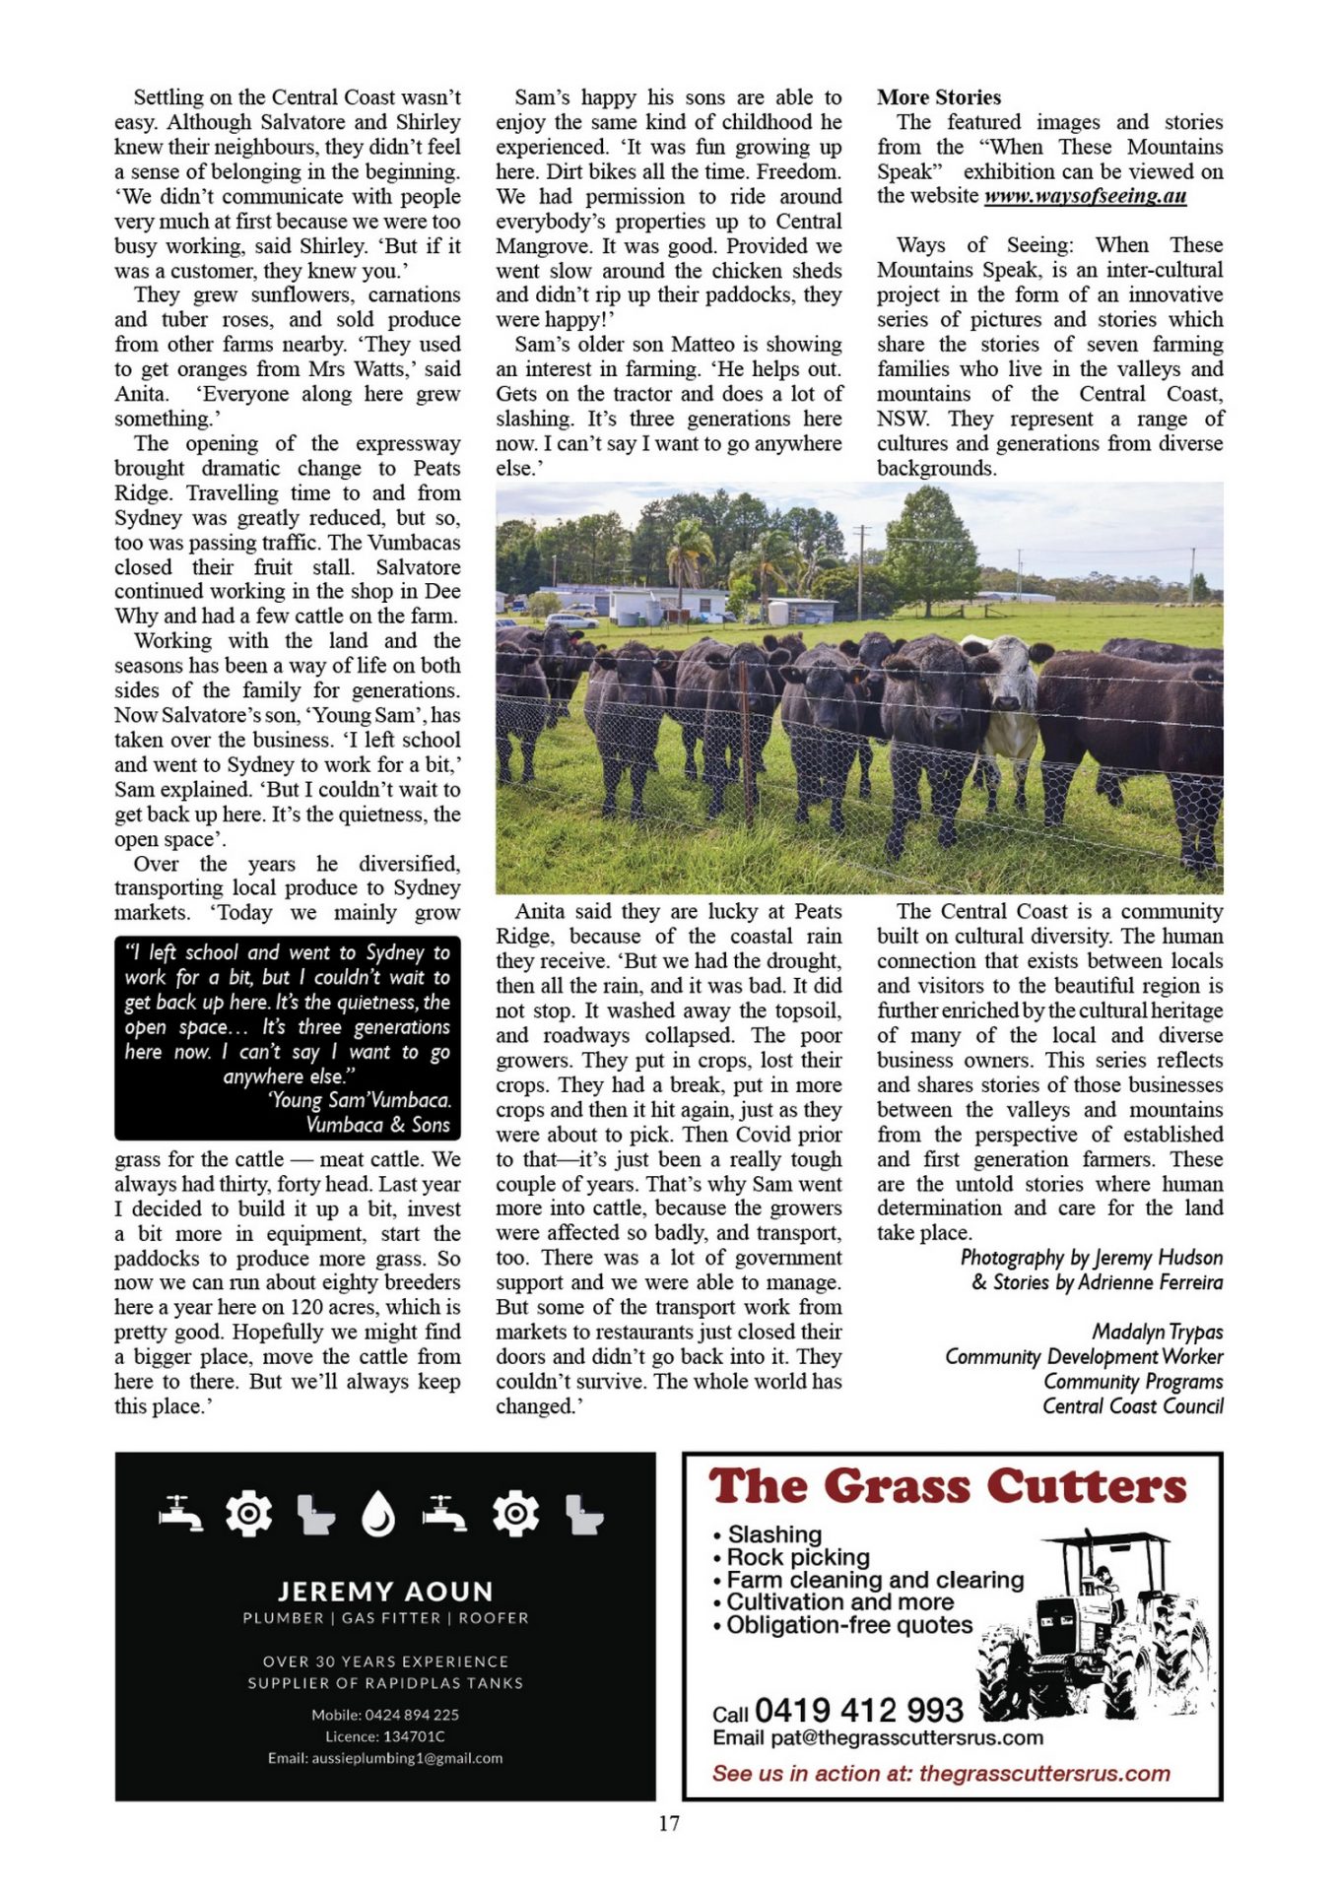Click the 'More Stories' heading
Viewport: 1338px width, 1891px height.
click(x=938, y=98)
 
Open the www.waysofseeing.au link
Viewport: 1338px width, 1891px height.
click(x=1085, y=196)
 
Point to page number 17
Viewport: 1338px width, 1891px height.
click(x=669, y=1823)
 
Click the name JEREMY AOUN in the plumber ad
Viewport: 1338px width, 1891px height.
click(x=385, y=1592)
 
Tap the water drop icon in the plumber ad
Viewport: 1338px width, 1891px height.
click(x=378, y=1515)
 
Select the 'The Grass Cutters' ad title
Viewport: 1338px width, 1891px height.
click(x=948, y=1487)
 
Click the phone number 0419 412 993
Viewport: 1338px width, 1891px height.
click(x=858, y=1710)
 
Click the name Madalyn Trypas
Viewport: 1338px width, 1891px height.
click(x=1157, y=1333)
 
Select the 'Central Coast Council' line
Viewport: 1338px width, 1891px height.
click(x=1132, y=1406)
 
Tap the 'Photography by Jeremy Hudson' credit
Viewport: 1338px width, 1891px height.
click(x=1091, y=1258)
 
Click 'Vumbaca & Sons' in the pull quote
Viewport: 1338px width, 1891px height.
click(x=377, y=1125)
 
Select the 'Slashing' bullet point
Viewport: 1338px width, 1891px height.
click(x=773, y=1534)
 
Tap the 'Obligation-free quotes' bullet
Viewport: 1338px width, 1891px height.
click(x=848, y=1625)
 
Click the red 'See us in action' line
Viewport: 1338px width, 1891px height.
click(x=941, y=1774)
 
